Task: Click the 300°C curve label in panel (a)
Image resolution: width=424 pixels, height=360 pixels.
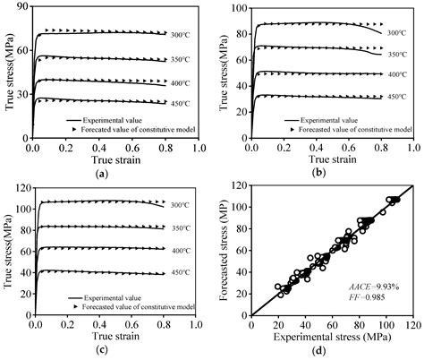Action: pyautogui.click(x=181, y=35)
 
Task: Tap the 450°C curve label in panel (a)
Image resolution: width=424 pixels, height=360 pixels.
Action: pyautogui.click(x=181, y=101)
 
